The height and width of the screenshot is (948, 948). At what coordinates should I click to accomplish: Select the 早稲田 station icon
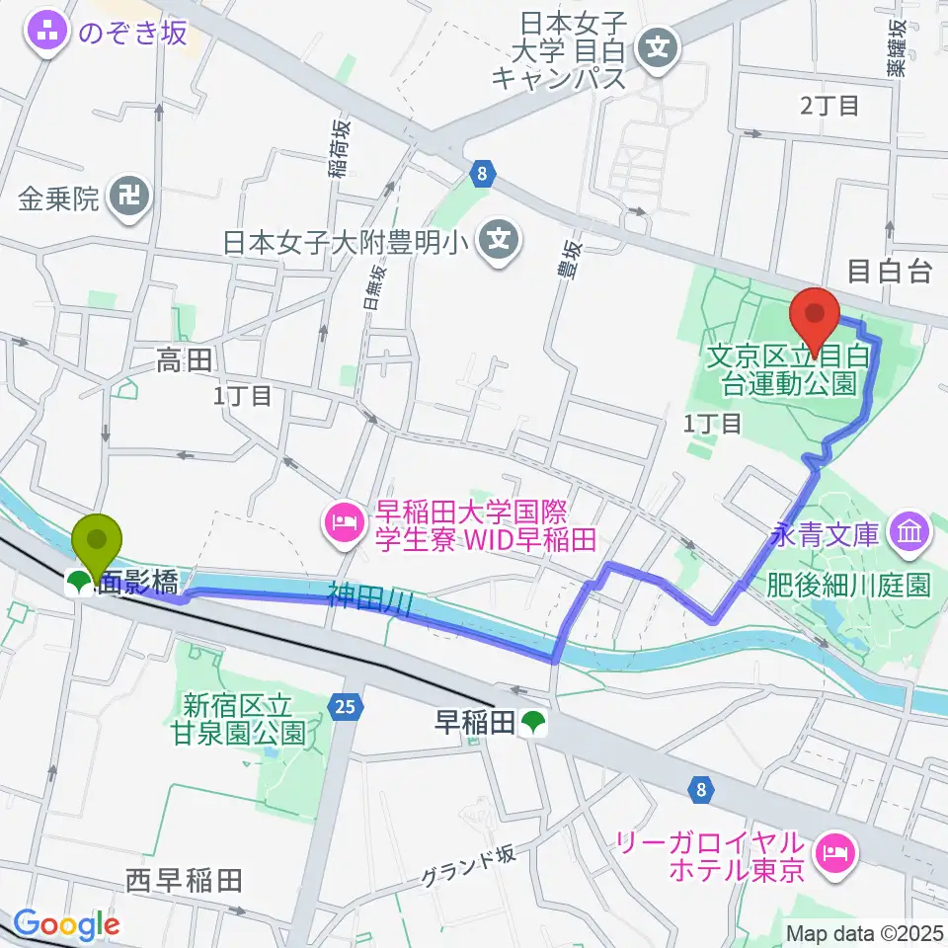point(534,723)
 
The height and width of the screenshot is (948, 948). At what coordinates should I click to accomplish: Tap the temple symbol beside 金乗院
point(129,199)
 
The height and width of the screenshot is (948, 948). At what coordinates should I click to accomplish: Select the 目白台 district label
point(890,272)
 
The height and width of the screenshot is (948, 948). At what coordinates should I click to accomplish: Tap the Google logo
point(67,924)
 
